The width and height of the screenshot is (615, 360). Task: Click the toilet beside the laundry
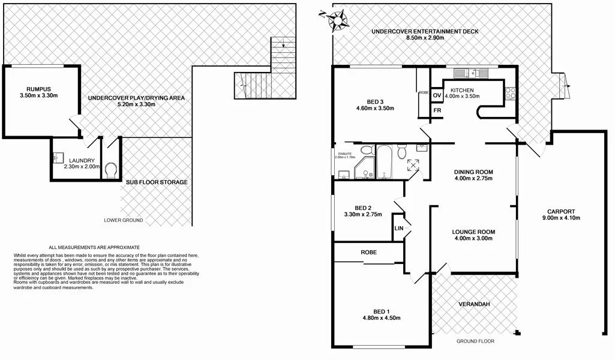[x=110, y=170]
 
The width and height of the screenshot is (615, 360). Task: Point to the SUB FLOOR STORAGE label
[x=156, y=182]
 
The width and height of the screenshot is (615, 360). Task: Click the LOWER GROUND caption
[x=123, y=220]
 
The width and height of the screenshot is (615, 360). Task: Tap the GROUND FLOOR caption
[x=475, y=341]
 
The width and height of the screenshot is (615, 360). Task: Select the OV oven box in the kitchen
[x=437, y=95]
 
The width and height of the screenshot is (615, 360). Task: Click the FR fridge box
[x=437, y=110]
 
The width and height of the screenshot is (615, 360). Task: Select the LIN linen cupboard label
[x=398, y=229]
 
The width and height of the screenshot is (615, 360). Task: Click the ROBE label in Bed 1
[x=368, y=253]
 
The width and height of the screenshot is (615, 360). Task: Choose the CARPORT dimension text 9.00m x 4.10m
[x=561, y=218]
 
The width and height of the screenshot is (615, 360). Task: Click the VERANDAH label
[x=475, y=305]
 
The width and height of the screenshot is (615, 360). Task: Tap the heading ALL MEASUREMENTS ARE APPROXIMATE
[x=94, y=247]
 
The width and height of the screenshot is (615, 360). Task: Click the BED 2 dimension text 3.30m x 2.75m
[x=364, y=214]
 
